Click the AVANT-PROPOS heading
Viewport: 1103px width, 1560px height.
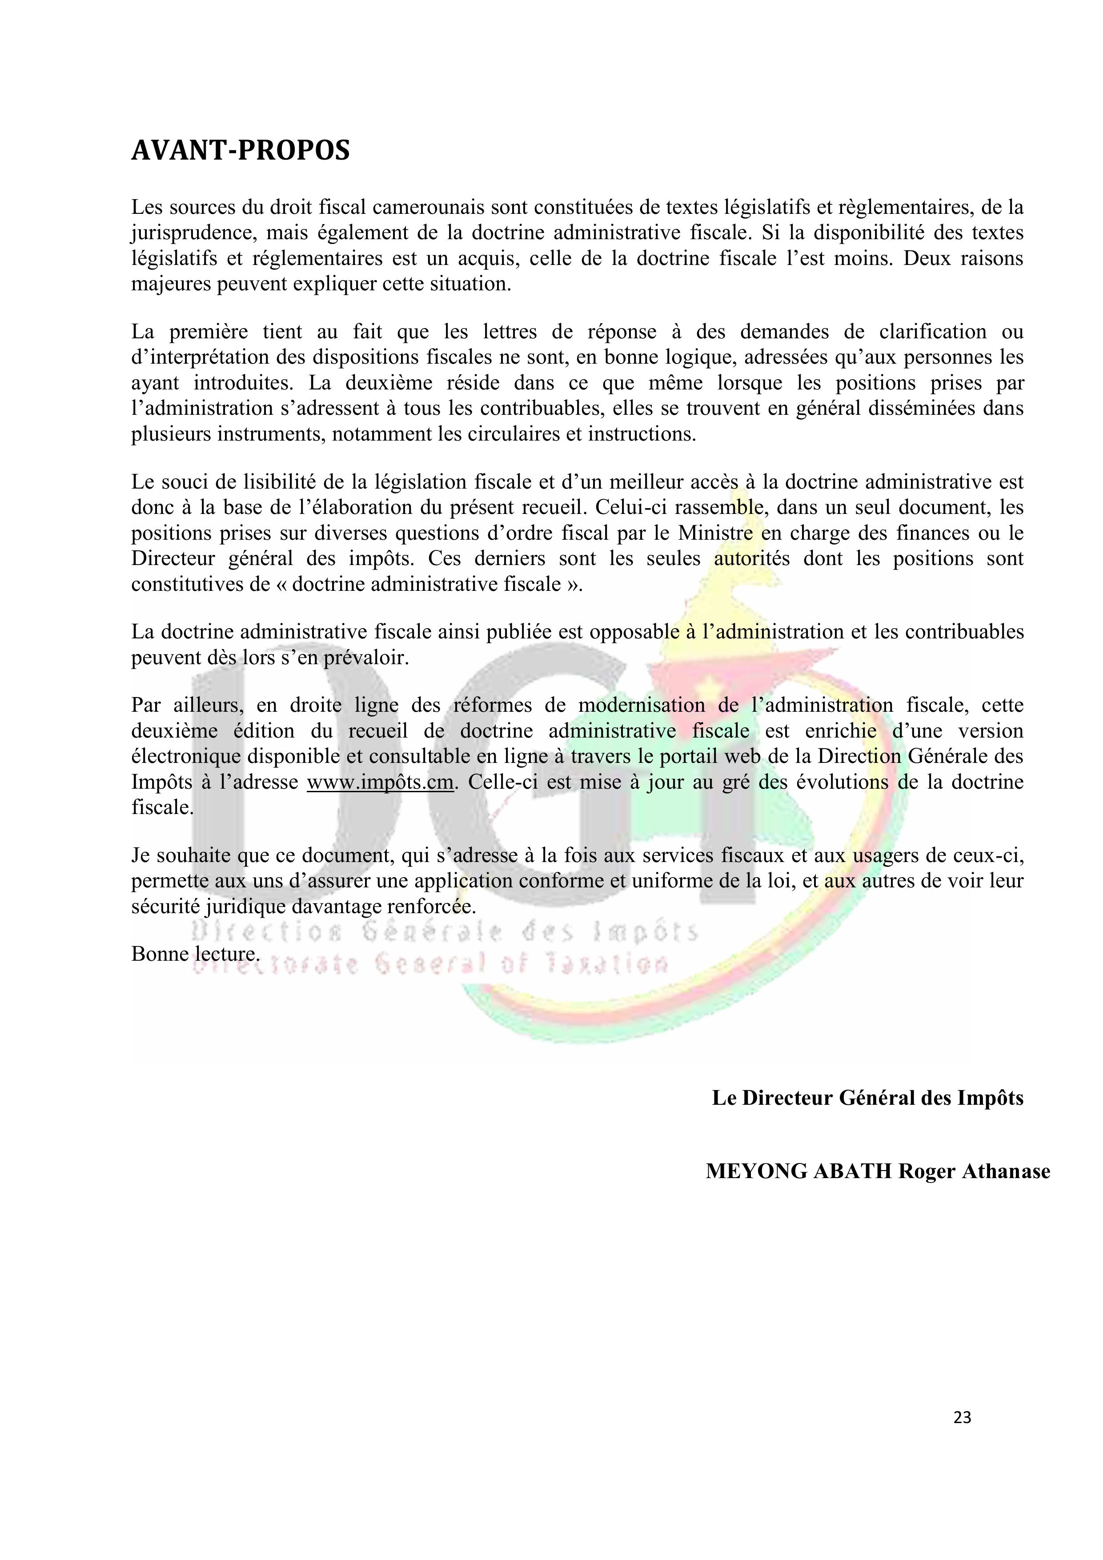point(241,150)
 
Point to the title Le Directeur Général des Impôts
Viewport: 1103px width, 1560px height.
point(867,1098)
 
